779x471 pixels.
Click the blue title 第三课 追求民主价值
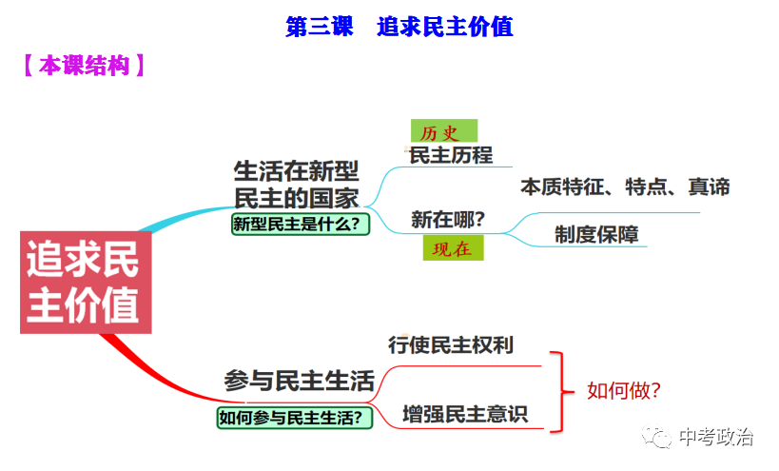tap(399, 27)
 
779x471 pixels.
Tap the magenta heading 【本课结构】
tap(84, 67)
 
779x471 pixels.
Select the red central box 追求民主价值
tap(85, 283)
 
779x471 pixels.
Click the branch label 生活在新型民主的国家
tap(296, 185)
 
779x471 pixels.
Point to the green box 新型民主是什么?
tap(300, 225)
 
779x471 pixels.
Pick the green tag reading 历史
tap(442, 131)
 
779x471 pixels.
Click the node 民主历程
tap(450, 155)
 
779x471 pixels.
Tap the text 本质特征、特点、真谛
tap(625, 186)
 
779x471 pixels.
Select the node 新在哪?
tap(448, 220)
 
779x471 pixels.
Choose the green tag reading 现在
tap(453, 249)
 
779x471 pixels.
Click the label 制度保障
tap(596, 234)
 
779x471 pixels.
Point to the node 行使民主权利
tap(450, 344)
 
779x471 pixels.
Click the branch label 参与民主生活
tap(299, 381)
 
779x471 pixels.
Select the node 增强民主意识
tap(463, 414)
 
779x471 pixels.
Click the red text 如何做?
tap(623, 389)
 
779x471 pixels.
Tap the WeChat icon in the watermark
tap(657, 438)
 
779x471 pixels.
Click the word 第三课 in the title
tap(319, 27)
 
